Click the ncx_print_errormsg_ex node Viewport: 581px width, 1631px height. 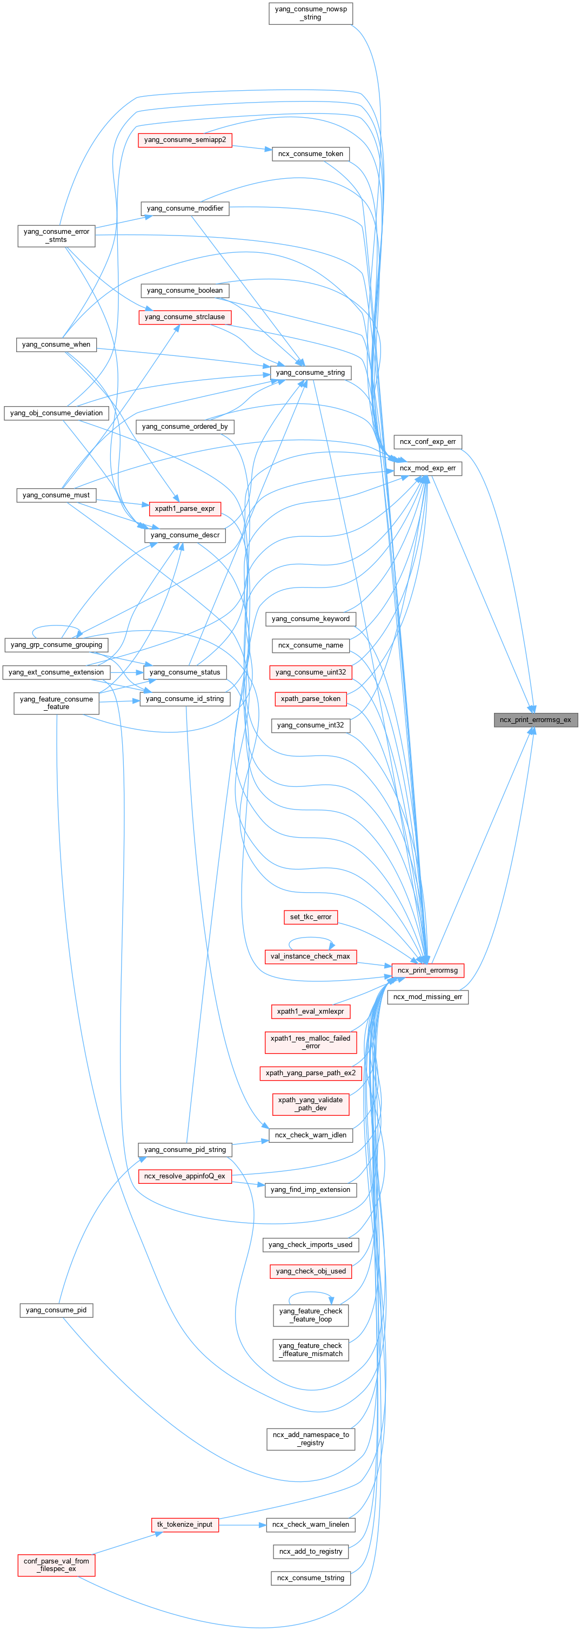click(536, 719)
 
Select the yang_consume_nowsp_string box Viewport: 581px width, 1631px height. click(310, 14)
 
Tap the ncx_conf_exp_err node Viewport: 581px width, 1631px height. click(428, 441)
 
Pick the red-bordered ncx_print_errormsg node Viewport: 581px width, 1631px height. click(428, 970)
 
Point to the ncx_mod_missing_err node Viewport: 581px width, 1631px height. click(428, 996)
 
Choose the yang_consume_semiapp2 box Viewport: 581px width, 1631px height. click(185, 139)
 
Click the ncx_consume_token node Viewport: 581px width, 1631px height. click(310, 153)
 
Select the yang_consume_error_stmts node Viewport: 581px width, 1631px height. click(56, 235)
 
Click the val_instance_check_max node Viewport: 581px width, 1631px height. click(310, 956)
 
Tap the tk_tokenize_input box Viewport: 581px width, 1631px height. click(185, 1524)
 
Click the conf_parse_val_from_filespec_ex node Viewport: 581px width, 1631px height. click(56, 1565)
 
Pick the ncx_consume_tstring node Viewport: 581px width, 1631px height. click(310, 1578)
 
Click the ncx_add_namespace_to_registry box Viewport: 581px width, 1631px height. click(310, 1439)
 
